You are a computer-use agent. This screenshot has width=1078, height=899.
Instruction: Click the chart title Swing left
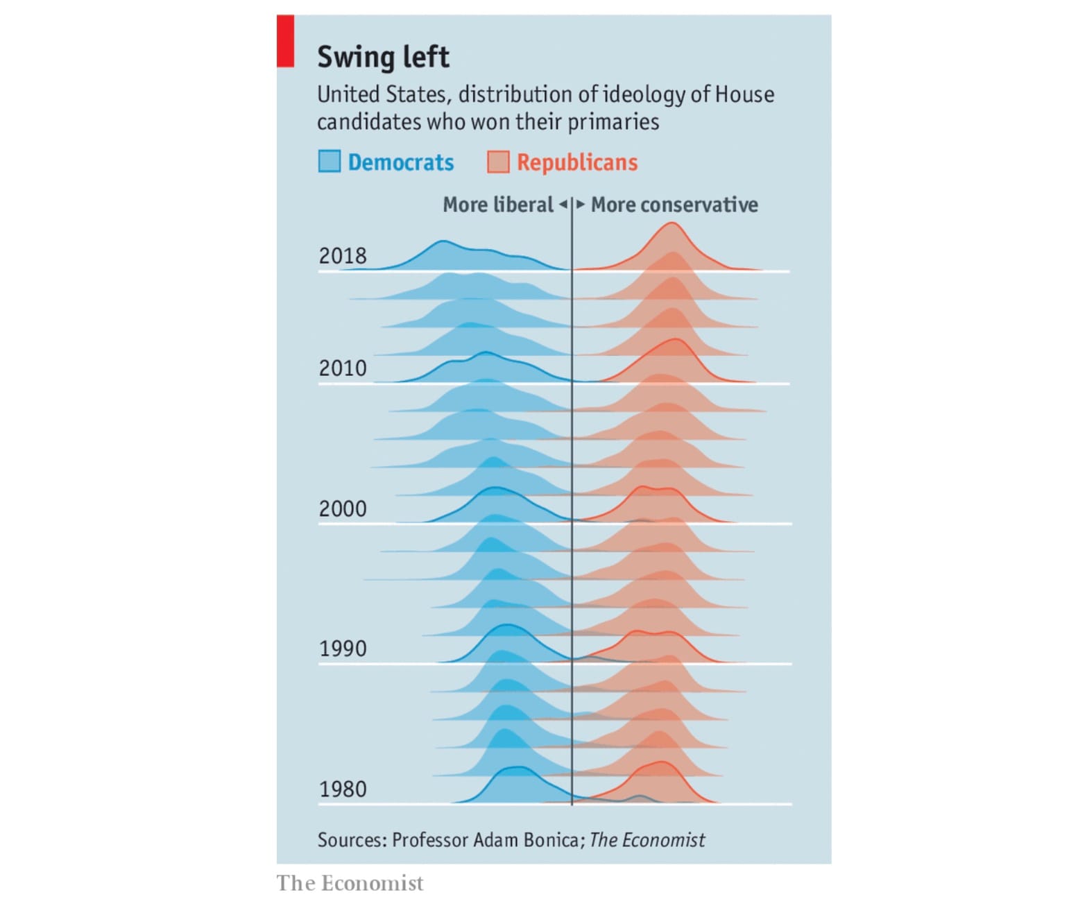pyautogui.click(x=383, y=57)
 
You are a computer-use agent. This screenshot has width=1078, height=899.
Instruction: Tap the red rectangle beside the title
pyautogui.click(x=285, y=42)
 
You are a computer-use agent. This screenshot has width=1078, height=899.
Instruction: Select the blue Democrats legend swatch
pyautogui.click(x=330, y=162)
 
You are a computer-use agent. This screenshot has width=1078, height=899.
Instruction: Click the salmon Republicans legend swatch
pyautogui.click(x=498, y=162)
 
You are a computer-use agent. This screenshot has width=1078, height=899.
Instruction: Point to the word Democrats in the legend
pyautogui.click(x=401, y=162)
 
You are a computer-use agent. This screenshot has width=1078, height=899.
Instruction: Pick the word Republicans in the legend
pyautogui.click(x=577, y=162)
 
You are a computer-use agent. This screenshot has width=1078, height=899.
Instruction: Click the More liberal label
pyautogui.click(x=498, y=205)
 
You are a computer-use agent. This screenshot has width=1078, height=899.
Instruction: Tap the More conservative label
pyautogui.click(x=674, y=205)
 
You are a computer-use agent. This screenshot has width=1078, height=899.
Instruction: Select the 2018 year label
pyautogui.click(x=343, y=256)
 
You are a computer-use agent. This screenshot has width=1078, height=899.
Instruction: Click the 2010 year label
pyautogui.click(x=343, y=368)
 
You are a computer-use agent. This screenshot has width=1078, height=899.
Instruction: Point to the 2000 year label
pyautogui.click(x=343, y=508)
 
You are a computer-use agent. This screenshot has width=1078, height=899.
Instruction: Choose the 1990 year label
pyautogui.click(x=343, y=649)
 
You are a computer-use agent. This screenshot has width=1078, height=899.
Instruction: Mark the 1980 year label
pyautogui.click(x=343, y=789)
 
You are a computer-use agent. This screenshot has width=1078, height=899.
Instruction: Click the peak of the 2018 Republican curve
pyautogui.click(x=671, y=223)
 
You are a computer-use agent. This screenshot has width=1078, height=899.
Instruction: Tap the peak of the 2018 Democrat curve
pyautogui.click(x=443, y=241)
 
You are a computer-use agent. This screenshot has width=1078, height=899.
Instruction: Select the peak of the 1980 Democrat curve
pyautogui.click(x=517, y=767)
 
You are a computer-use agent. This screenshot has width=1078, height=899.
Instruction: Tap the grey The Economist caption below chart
pyautogui.click(x=350, y=883)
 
